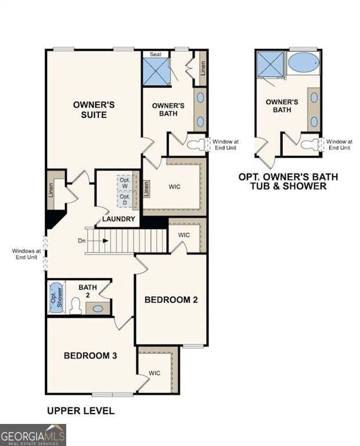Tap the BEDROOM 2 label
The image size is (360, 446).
pyautogui.click(x=171, y=300)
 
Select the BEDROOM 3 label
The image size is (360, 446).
pyautogui.click(x=91, y=355)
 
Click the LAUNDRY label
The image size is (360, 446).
pyautogui.click(x=119, y=219)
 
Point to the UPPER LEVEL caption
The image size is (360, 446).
pyautogui.click(x=81, y=411)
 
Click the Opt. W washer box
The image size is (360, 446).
pyautogui.click(x=125, y=182)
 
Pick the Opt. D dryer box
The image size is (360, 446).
pyautogui.click(x=125, y=199)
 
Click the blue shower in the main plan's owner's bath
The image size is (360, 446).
pyautogui.click(x=156, y=72)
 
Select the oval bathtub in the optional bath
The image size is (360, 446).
pyautogui.click(x=303, y=63)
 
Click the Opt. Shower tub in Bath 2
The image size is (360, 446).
pyautogui.click(x=55, y=297)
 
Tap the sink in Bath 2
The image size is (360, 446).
pyautogui.click(x=98, y=308)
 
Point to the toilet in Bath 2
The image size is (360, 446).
pyautogui.click(x=75, y=306)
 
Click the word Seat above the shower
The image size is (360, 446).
pyautogui.click(x=156, y=54)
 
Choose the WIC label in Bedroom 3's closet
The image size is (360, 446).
pyautogui.click(x=154, y=373)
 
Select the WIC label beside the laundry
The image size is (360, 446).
pyautogui.click(x=175, y=187)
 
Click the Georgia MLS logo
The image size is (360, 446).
pyautogui.click(x=33, y=435)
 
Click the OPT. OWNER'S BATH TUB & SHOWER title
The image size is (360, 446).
pyautogui.click(x=288, y=181)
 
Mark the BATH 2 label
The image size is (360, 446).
pyautogui.click(x=88, y=290)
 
